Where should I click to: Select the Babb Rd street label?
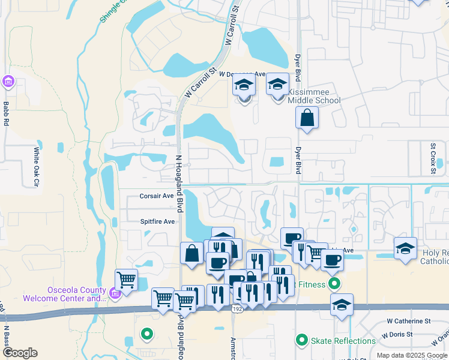6,113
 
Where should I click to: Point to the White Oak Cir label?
37,166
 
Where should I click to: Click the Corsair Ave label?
157,196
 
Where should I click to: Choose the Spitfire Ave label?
157,221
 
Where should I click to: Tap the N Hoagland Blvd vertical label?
179,184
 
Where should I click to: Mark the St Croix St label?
433,158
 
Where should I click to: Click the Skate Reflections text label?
343,341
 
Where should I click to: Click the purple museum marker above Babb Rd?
8,81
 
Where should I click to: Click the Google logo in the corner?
20,353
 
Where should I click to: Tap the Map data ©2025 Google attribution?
411,355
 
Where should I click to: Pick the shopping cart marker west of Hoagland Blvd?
126,279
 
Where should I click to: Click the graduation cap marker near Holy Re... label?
405,247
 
